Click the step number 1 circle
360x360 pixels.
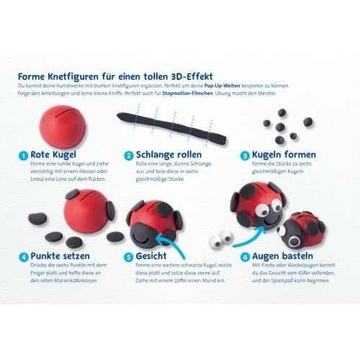point(23,156)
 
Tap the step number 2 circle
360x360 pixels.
point(129,156)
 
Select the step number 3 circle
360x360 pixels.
point(245,156)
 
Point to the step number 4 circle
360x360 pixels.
point(23,257)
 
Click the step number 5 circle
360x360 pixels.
point(129,257)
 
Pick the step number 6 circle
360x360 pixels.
point(245,257)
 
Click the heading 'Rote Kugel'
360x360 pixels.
point(53,155)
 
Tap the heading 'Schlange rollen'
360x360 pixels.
point(168,155)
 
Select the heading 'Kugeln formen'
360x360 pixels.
point(284,155)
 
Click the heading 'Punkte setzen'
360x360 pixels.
point(60,256)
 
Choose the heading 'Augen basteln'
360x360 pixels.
point(282,256)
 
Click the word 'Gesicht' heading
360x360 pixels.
point(151,256)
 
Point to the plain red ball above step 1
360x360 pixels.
point(63,126)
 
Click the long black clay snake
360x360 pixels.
point(171,128)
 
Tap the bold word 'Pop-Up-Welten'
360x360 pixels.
point(222,86)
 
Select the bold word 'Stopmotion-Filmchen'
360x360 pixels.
point(187,93)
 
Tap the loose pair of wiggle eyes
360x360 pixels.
point(220,238)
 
